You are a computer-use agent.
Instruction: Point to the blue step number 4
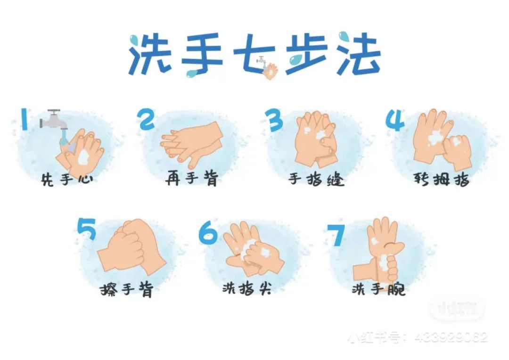pos(395,120)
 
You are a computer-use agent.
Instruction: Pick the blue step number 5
pos(87,229)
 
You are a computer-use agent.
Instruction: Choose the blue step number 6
pos(208,233)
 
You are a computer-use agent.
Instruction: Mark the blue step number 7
pos(336,235)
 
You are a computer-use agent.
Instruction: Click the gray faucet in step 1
pos(53,120)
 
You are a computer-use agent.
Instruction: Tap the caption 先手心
pos(67,179)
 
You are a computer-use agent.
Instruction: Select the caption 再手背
pos(192,179)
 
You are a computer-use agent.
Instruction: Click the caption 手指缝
pos(316,179)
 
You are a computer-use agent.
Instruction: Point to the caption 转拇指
pos(442,179)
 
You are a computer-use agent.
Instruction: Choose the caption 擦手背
pos(127,289)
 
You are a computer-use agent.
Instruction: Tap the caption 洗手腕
pos(378,288)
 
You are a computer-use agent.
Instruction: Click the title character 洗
pos(150,54)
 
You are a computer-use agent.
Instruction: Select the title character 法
pos(358,53)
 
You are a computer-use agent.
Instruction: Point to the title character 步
pos(306,54)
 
